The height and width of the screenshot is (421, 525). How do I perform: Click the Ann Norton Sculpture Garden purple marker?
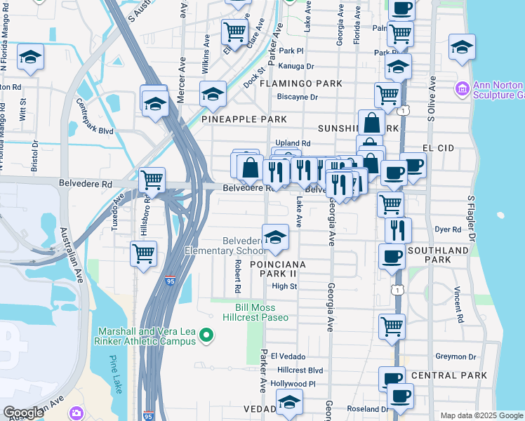tap(462, 88)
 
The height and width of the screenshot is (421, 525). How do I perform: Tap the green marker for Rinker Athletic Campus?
tap(206, 336)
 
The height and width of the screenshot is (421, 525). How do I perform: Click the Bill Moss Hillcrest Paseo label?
tap(262, 312)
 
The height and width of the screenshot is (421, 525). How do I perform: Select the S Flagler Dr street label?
tap(472, 215)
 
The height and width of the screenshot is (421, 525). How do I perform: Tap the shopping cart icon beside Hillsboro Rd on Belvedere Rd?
tap(152, 180)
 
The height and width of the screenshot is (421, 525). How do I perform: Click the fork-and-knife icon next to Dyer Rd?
tap(398, 229)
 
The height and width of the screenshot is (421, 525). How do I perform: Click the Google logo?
tap(24, 413)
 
